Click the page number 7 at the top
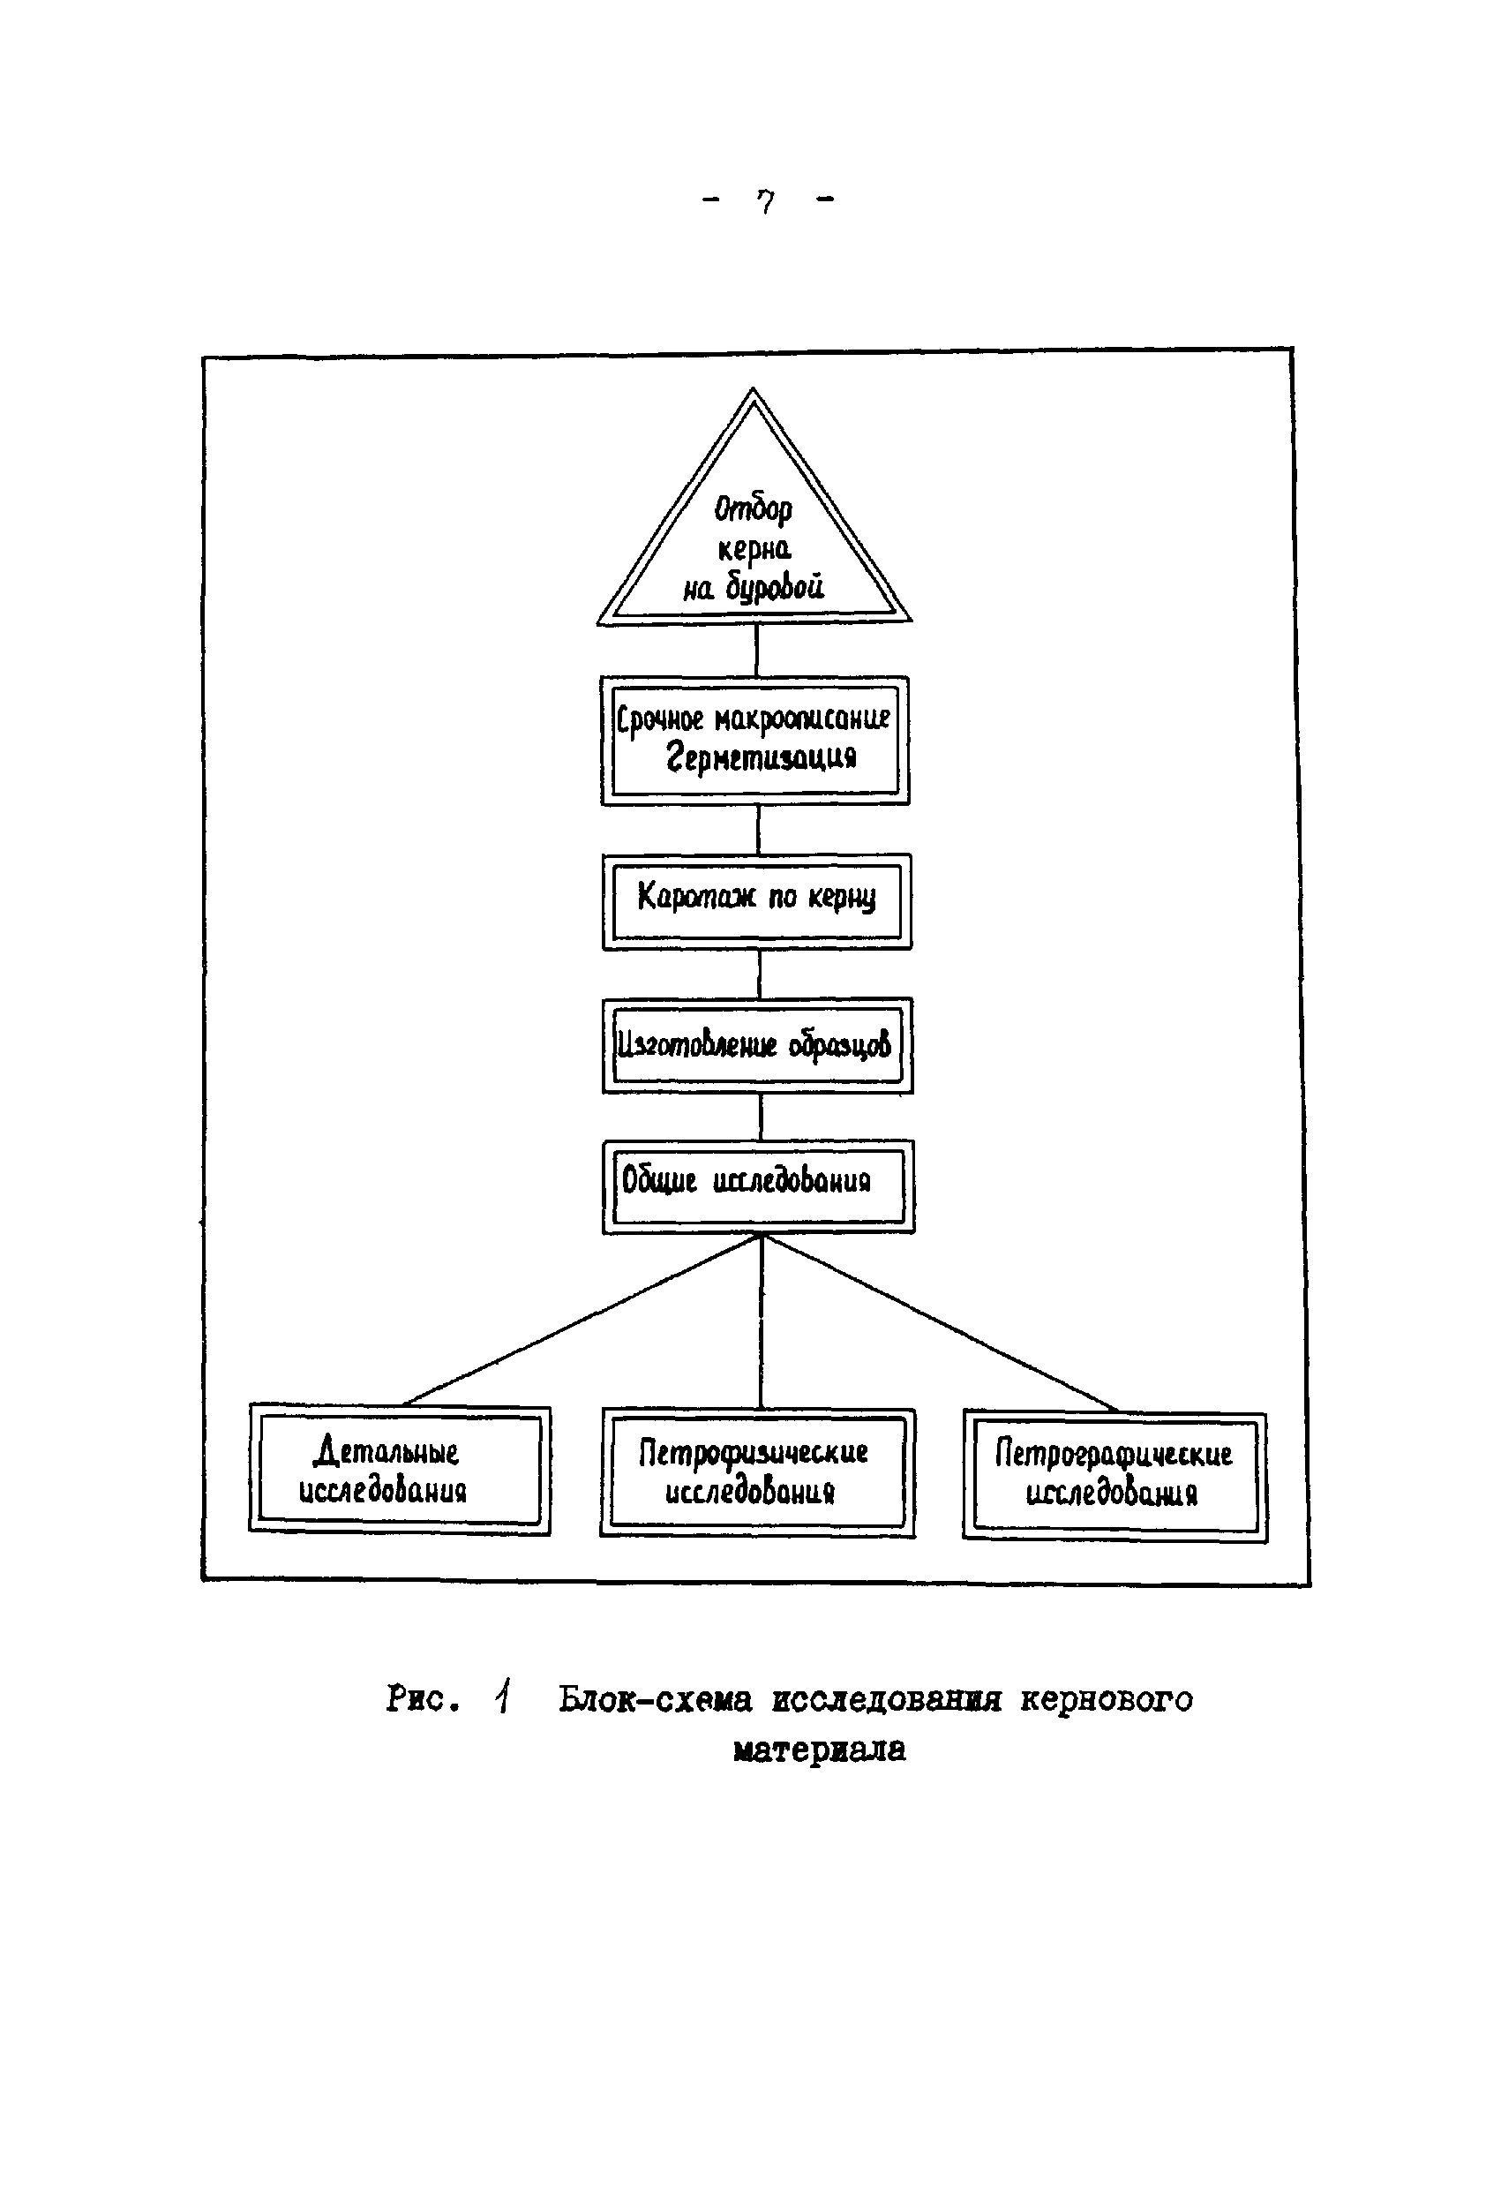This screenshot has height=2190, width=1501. (766, 201)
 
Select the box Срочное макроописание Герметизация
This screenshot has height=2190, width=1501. (755, 740)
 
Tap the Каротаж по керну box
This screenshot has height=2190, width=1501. (756, 901)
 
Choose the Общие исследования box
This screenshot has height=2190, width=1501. (758, 1185)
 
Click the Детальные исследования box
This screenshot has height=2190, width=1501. (400, 1470)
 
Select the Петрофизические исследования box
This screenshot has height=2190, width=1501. (756, 1472)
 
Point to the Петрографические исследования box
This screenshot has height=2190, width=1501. (1114, 1476)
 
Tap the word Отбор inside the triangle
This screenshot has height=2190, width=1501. (753, 508)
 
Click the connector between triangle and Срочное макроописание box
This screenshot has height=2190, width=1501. (756, 650)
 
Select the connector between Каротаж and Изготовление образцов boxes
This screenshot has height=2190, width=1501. (760, 974)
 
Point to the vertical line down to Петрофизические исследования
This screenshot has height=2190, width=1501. (762, 1320)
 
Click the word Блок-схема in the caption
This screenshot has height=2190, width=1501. (655, 1699)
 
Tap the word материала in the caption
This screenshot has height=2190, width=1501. (819, 1750)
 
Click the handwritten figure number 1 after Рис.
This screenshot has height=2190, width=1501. (504, 1697)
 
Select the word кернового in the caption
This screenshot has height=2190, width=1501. (1107, 1699)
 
